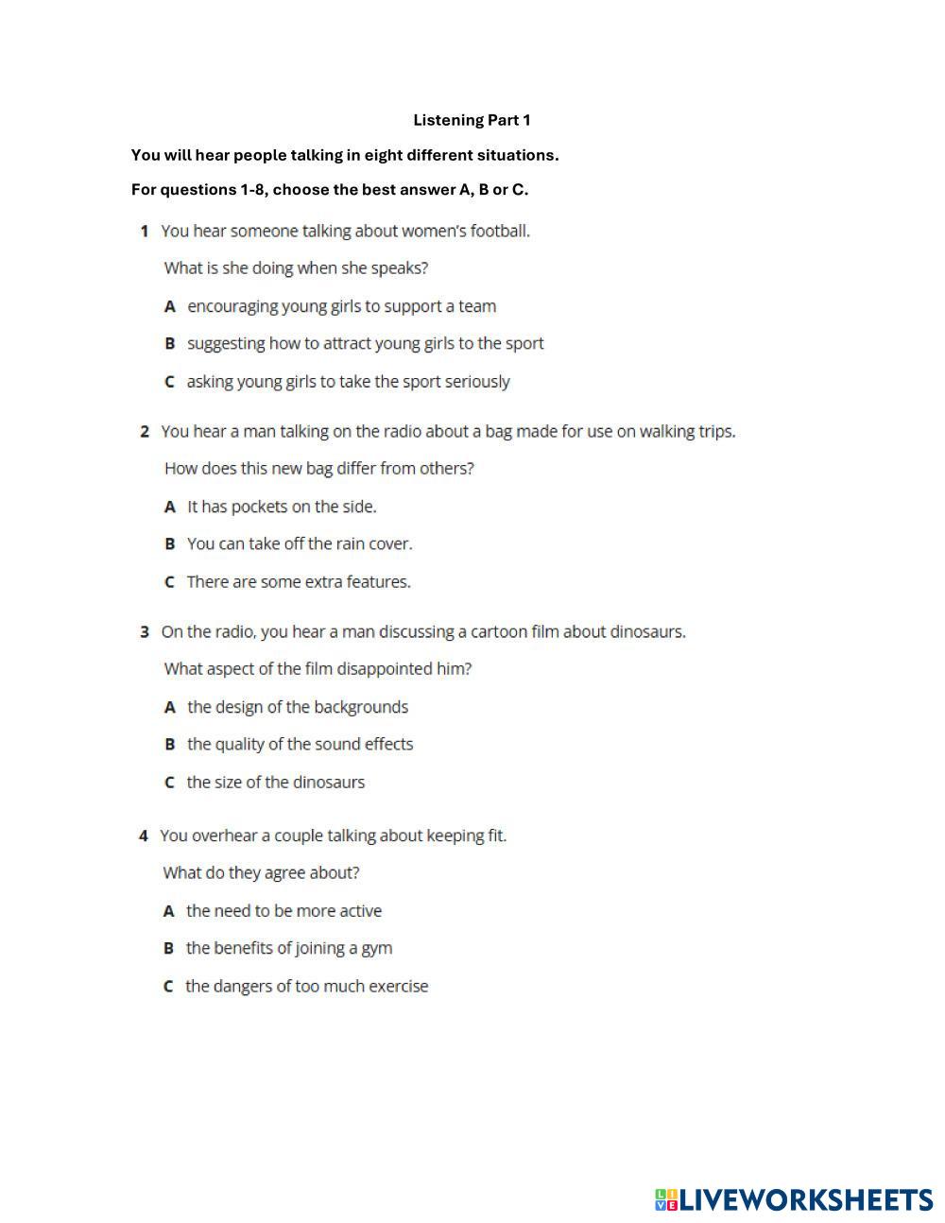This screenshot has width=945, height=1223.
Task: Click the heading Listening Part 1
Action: point(472,120)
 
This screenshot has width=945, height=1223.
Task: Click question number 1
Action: point(145,232)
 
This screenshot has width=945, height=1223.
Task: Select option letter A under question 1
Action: point(170,306)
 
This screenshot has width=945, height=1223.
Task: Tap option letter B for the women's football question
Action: point(170,344)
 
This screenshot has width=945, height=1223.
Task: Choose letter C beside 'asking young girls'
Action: point(169,382)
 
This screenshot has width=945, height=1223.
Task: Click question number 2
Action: point(145,432)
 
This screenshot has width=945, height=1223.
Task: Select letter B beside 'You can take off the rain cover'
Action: point(170,544)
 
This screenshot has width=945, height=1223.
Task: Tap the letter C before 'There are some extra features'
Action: point(169,582)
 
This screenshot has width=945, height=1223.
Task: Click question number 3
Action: point(145,632)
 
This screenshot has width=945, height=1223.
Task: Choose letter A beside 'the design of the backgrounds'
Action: point(170,707)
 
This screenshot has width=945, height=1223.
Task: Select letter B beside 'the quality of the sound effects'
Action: point(170,745)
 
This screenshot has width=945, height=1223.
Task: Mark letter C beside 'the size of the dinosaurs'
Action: point(169,783)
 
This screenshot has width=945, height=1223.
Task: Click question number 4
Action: point(144,836)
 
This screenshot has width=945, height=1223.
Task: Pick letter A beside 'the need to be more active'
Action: point(169,911)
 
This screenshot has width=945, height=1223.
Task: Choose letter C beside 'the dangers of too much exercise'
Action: point(168,987)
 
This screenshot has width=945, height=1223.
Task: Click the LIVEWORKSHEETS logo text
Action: point(806,1200)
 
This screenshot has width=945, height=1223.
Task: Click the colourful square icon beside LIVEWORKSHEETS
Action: point(666,1200)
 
